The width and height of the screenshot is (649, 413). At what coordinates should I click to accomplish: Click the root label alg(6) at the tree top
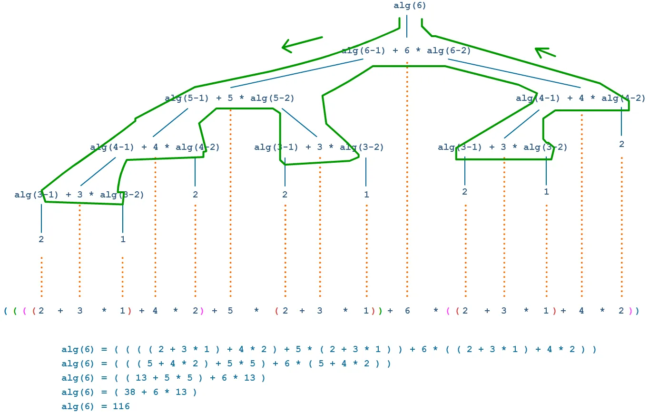[410, 6]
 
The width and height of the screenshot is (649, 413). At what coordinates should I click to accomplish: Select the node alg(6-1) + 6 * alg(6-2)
[406, 50]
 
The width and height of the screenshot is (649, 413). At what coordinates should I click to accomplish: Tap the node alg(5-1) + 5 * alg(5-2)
[230, 98]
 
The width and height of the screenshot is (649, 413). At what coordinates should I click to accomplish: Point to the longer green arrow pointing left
[302, 43]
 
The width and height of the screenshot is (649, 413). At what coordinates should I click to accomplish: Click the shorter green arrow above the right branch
[545, 52]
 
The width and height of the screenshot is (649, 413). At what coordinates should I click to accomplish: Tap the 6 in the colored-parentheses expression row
[407, 311]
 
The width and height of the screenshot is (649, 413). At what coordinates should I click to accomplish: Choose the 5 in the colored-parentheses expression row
[230, 311]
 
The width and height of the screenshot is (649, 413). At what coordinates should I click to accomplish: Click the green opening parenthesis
[15, 311]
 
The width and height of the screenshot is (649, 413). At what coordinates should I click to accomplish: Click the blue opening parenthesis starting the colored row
[5, 311]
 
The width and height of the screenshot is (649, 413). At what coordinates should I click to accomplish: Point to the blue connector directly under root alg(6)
[407, 26]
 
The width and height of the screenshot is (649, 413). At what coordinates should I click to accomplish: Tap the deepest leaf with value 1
[123, 239]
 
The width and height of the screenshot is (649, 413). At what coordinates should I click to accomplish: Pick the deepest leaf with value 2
[41, 239]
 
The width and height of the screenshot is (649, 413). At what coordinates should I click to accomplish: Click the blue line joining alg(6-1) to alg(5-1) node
[297, 74]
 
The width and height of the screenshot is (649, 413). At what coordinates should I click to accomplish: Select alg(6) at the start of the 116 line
[77, 406]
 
